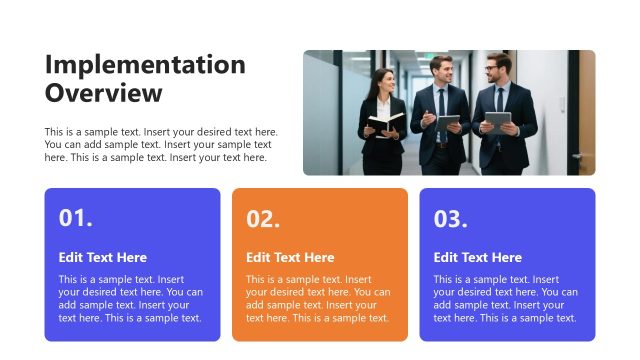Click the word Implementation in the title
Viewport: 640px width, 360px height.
point(145,65)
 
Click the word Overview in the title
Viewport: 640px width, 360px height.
point(103,93)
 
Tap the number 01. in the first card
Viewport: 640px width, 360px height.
point(76,219)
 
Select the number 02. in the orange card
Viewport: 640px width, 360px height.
point(263,219)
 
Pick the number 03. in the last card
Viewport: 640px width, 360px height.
point(450,219)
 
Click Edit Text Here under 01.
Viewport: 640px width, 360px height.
point(103,257)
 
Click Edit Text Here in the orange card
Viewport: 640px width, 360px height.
point(290,257)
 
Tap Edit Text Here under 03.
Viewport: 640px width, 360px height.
point(477,257)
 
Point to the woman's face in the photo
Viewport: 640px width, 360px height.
point(383,80)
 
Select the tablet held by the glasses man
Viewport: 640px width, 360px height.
point(497,122)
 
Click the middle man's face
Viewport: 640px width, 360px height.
point(441,70)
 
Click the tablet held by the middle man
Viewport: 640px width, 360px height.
point(449,122)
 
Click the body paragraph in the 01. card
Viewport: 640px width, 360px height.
point(130,298)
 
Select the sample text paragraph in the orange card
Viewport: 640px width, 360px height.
point(318,298)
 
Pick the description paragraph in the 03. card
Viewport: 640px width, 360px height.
point(505,298)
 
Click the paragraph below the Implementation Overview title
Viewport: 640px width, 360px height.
point(160,145)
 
